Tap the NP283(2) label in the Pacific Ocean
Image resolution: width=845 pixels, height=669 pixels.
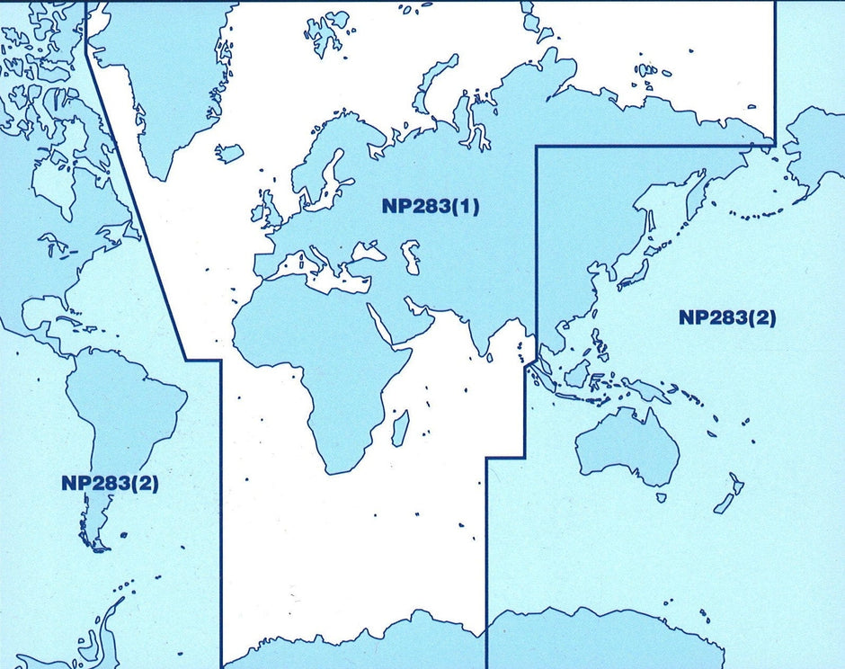727,317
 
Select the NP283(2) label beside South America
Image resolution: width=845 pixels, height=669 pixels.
110,482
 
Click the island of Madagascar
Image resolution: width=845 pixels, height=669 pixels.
400,427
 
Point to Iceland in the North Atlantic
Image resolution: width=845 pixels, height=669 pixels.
229,153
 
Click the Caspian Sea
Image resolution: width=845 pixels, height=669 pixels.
412,256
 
